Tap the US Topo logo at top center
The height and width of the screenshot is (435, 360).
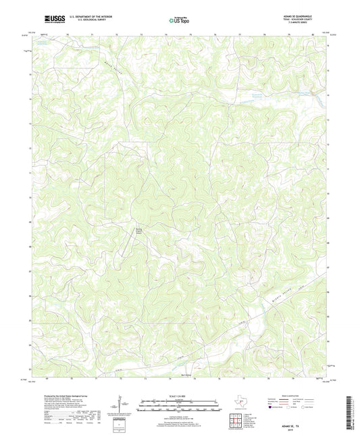pyautogui.click(x=179, y=22)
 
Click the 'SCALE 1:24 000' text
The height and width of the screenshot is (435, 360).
pyautogui.click(x=180, y=396)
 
